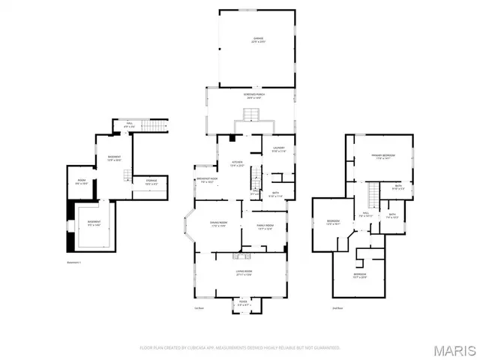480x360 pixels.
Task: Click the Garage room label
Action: [257, 40]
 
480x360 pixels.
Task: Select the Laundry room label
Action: [279, 150]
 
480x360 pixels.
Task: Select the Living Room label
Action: [244, 272]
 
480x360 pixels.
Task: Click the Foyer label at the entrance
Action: [243, 304]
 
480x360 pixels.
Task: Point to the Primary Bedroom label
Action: [383, 157]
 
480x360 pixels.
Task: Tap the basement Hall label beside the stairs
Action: [129, 125]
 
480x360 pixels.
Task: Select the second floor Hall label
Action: [367, 214]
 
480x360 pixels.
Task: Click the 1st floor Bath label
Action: [274, 195]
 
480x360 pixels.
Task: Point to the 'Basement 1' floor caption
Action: [73, 262]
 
